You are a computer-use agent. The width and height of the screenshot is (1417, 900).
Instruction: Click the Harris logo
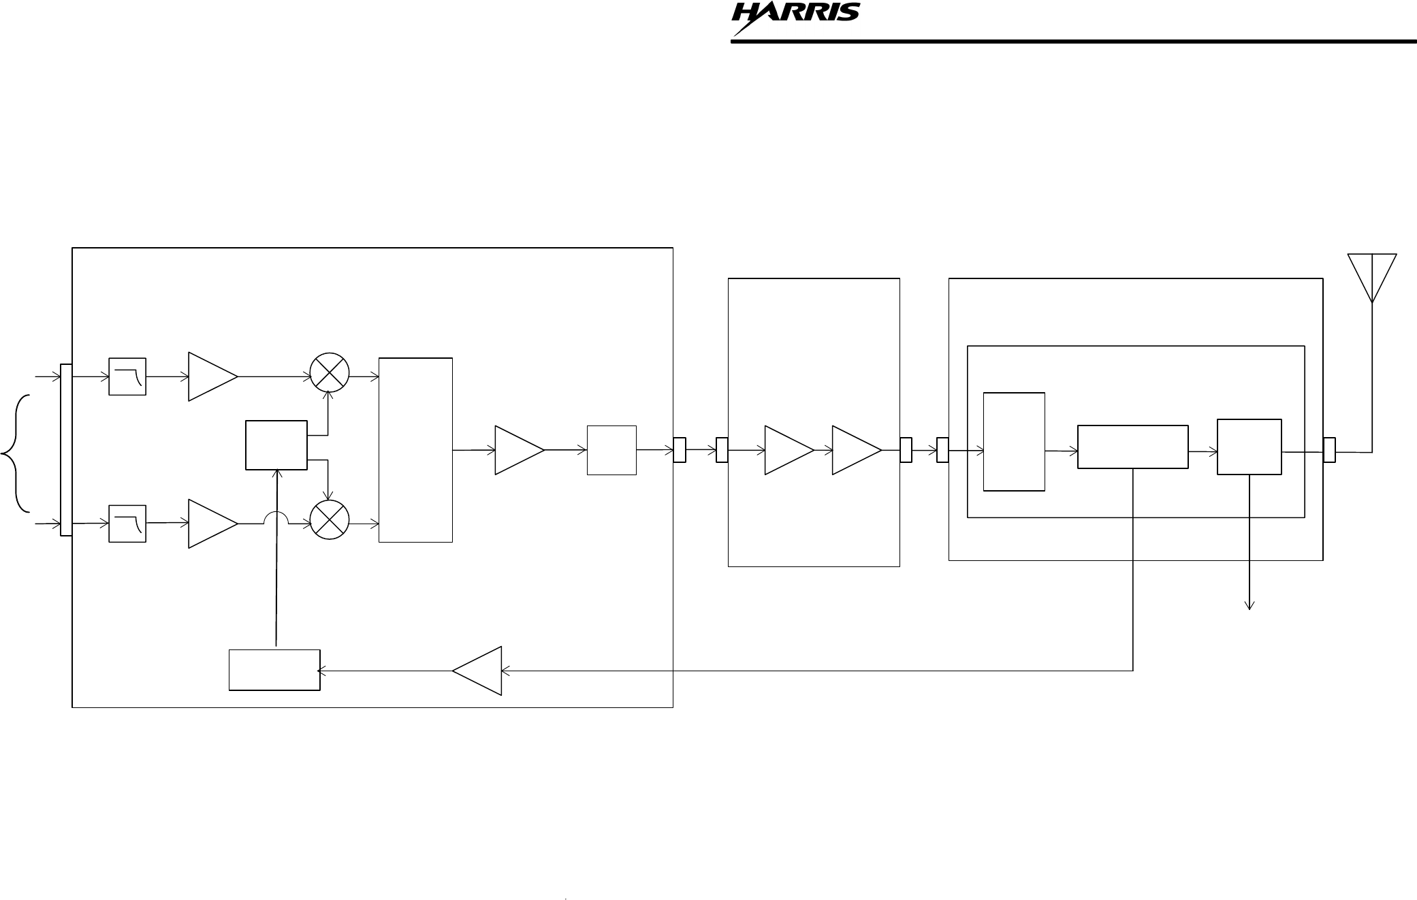click(795, 19)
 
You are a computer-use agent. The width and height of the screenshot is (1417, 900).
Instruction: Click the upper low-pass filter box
click(127, 376)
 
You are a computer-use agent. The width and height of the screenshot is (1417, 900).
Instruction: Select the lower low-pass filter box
click(127, 524)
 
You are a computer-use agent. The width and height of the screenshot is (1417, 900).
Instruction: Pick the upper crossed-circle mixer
click(330, 373)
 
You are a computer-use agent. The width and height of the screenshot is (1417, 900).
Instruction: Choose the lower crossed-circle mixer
click(330, 521)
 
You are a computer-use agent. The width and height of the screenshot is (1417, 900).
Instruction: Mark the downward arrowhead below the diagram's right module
click(1249, 605)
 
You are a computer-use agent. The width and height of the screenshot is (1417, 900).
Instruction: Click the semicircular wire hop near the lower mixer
click(276, 518)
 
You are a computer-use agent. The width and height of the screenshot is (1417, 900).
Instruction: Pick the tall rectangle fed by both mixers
click(415, 449)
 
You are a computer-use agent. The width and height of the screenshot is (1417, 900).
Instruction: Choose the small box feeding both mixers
click(276, 445)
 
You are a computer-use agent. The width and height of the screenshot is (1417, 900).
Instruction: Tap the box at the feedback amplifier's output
click(274, 670)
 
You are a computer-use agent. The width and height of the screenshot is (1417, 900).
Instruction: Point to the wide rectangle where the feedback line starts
click(1132, 447)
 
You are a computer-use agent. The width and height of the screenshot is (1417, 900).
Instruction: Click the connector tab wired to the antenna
click(1329, 450)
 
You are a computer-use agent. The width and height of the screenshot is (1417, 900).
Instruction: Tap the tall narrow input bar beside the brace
click(66, 450)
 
